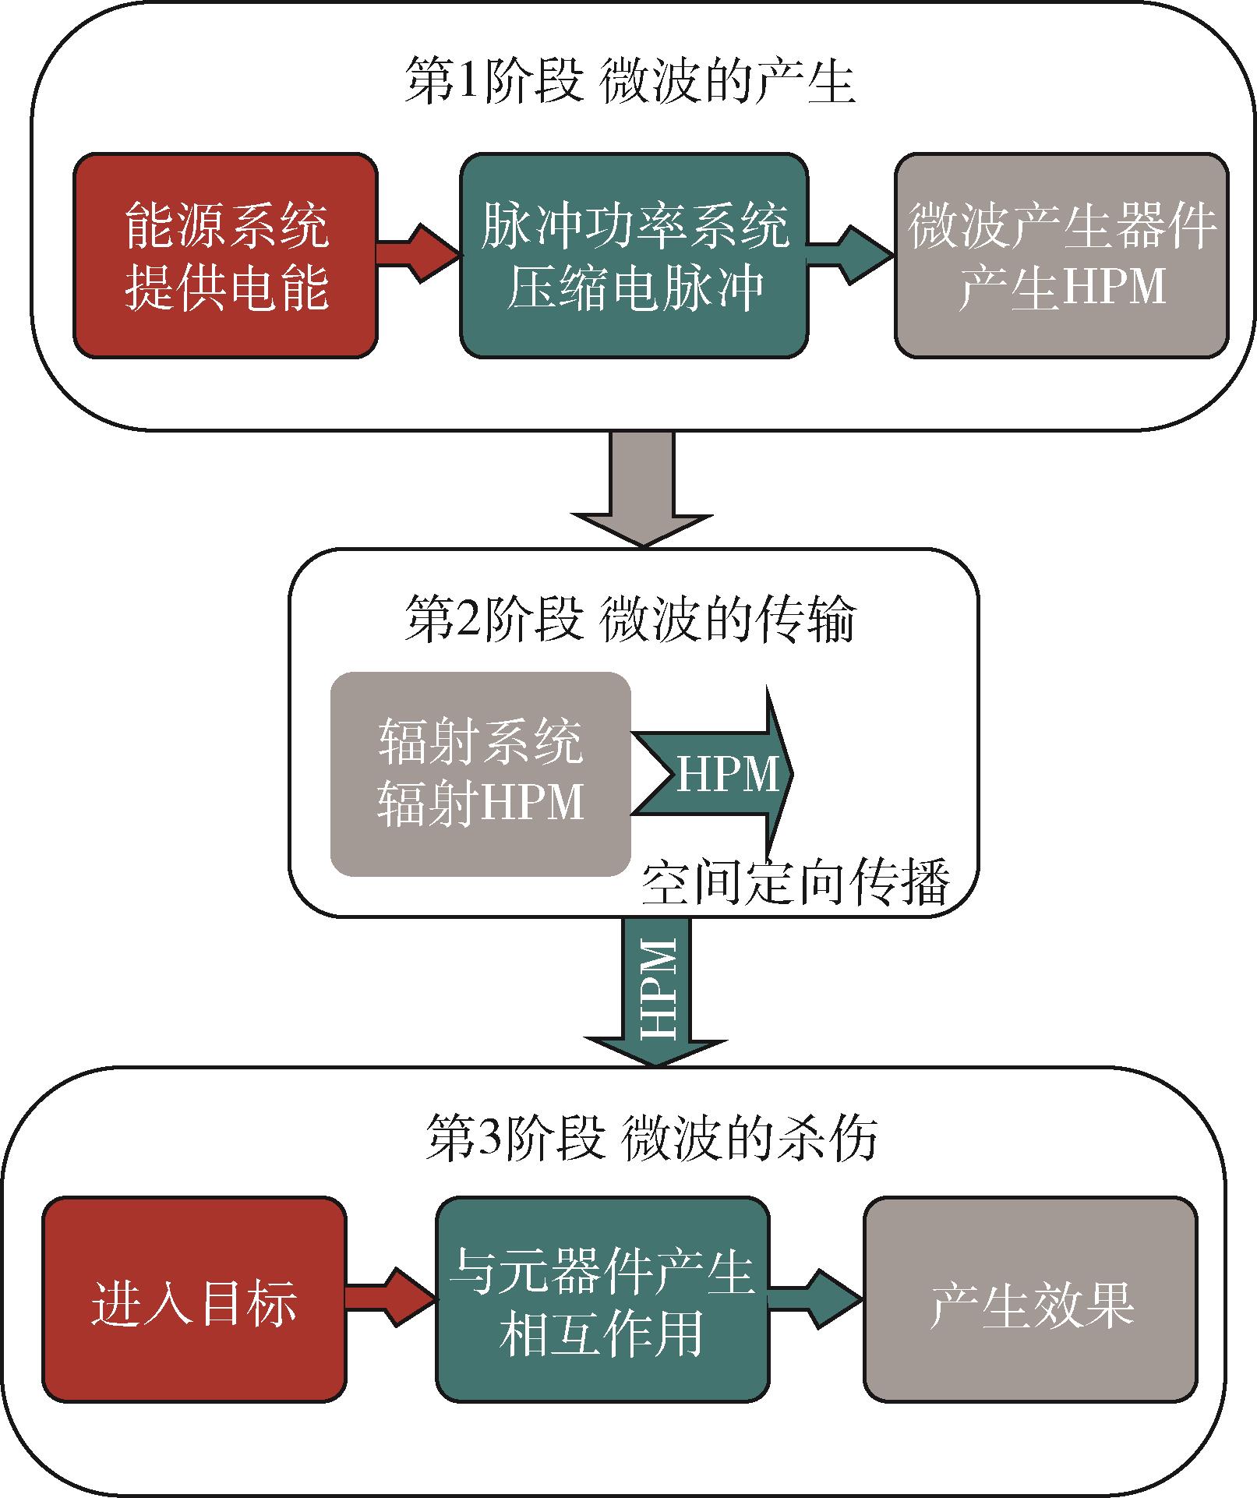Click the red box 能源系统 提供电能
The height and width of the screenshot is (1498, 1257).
226,256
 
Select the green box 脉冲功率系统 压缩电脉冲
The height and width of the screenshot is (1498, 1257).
634,256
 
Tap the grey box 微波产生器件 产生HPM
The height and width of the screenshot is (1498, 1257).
1061,256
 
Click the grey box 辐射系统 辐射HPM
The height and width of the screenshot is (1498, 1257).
480,774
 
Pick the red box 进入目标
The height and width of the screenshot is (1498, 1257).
194,1300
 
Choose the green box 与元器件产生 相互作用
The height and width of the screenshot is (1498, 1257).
602,1300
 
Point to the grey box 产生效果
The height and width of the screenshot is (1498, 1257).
1030,1300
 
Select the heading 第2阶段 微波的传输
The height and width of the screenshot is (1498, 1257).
630,621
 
